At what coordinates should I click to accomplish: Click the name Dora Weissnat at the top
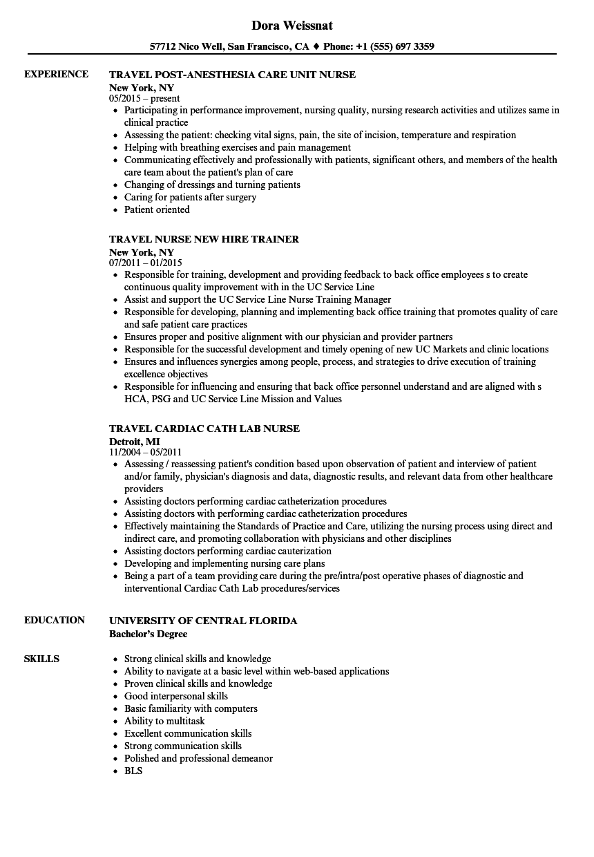click(x=292, y=26)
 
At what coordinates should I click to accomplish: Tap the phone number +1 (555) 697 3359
click(x=395, y=47)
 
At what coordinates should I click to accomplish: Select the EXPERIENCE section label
click(x=56, y=74)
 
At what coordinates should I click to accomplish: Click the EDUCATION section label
click(x=55, y=620)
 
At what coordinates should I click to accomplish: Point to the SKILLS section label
click(x=41, y=659)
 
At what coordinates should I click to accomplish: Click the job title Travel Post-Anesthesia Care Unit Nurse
click(x=233, y=75)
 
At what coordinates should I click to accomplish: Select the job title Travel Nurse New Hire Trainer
click(x=204, y=239)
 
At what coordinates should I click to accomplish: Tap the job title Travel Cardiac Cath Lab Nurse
click(x=204, y=428)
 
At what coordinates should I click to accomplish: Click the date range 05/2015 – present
click(x=144, y=99)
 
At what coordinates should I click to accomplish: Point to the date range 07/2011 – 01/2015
click(x=146, y=263)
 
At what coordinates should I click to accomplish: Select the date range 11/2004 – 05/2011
click(x=146, y=452)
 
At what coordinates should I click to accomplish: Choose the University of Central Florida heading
click(x=203, y=621)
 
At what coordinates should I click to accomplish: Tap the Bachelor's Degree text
click(x=148, y=633)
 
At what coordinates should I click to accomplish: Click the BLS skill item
click(x=133, y=771)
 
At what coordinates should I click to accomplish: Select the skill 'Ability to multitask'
click(x=164, y=721)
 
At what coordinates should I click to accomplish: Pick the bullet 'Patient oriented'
click(x=157, y=209)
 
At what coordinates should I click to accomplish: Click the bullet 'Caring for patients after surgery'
click(x=190, y=197)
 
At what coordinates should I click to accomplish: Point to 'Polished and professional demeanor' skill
click(x=198, y=758)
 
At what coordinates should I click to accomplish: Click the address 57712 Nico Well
click(x=186, y=47)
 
